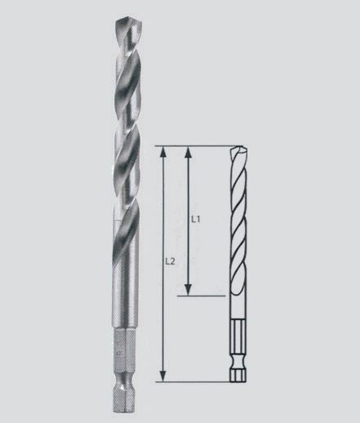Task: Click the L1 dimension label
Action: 196,219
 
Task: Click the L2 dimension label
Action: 170,261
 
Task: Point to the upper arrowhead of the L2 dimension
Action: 162,153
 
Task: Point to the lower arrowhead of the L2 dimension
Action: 162,376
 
